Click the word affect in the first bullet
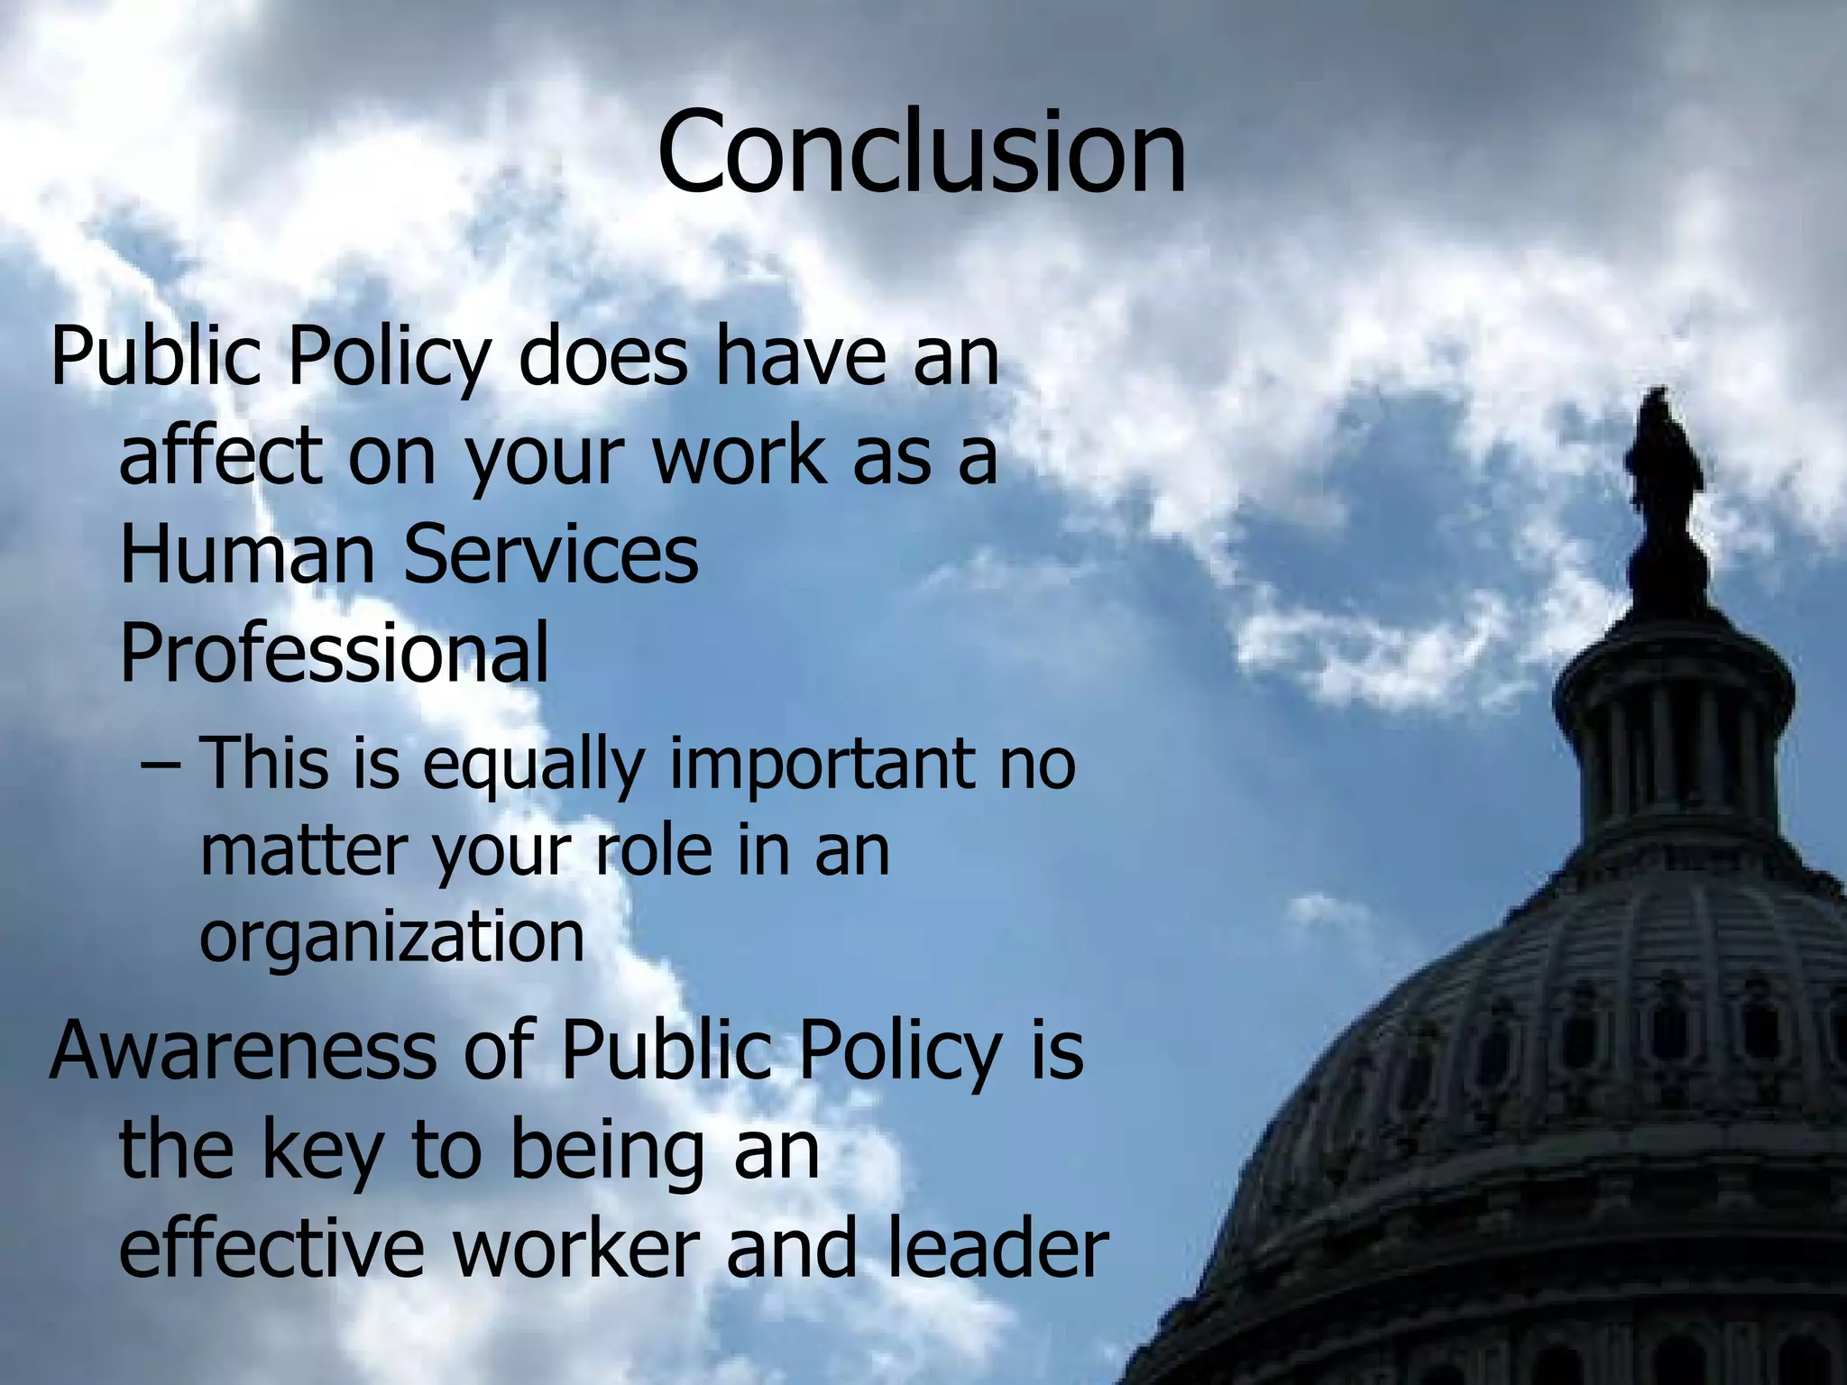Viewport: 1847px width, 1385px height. click(220, 455)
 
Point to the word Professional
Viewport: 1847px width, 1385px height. click(334, 654)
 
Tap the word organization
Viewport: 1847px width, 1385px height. click(392, 938)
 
